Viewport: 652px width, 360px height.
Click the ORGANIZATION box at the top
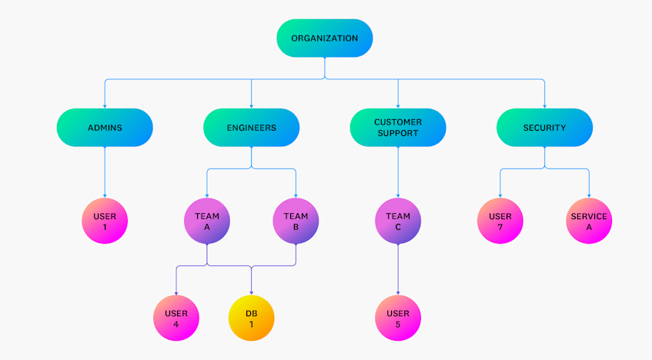pos(324,38)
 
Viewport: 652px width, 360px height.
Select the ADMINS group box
pos(105,128)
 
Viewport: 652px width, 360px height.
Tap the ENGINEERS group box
pos(251,128)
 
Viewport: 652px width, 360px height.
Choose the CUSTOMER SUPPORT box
pos(397,128)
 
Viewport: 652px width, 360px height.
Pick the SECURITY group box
pos(544,128)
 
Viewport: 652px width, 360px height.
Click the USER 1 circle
pos(105,222)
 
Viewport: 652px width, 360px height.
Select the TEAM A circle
pos(206,222)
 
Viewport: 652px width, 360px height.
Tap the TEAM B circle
pos(296,222)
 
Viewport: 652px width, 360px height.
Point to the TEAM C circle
pos(397,222)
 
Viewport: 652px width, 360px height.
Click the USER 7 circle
pos(500,222)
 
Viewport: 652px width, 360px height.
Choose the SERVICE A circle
pos(589,222)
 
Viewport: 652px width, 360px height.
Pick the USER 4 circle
pos(176,318)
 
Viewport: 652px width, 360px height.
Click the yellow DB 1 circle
pos(251,318)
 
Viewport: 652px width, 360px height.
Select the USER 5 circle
pos(397,318)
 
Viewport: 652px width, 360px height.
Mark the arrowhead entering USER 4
pos(176,293)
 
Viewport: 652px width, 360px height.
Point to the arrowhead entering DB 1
pos(251,293)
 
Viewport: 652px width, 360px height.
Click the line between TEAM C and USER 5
pos(397,269)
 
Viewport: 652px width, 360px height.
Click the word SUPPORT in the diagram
pos(398,133)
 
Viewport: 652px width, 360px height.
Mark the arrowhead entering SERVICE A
pos(589,195)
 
